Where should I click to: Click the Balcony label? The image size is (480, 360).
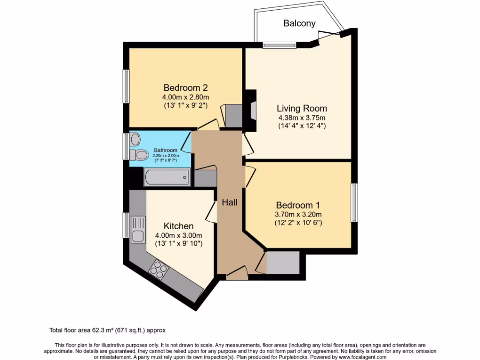tap(300, 23)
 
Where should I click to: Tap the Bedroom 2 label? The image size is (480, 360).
tap(185, 88)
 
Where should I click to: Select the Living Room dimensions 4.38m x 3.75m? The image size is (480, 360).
tap(301, 118)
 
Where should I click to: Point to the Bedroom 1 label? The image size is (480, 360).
tap(298, 205)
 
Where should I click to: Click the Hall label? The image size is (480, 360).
tap(230, 202)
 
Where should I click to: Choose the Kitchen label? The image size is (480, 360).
tap(179, 226)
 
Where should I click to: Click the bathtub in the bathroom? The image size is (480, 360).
tap(167, 178)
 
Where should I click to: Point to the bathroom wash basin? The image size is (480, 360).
tap(135, 139)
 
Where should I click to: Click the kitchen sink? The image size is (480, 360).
tap(139, 230)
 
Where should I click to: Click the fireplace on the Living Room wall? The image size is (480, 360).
tap(253, 111)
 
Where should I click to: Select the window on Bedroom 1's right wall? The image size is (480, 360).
tap(354, 202)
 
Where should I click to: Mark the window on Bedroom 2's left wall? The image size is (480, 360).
tap(126, 87)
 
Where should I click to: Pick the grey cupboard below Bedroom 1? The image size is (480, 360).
tap(282, 262)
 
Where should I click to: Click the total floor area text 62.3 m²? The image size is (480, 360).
tap(108, 330)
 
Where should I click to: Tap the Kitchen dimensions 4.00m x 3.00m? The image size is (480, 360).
tap(179, 235)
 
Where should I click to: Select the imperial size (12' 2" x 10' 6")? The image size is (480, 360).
tap(298, 223)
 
